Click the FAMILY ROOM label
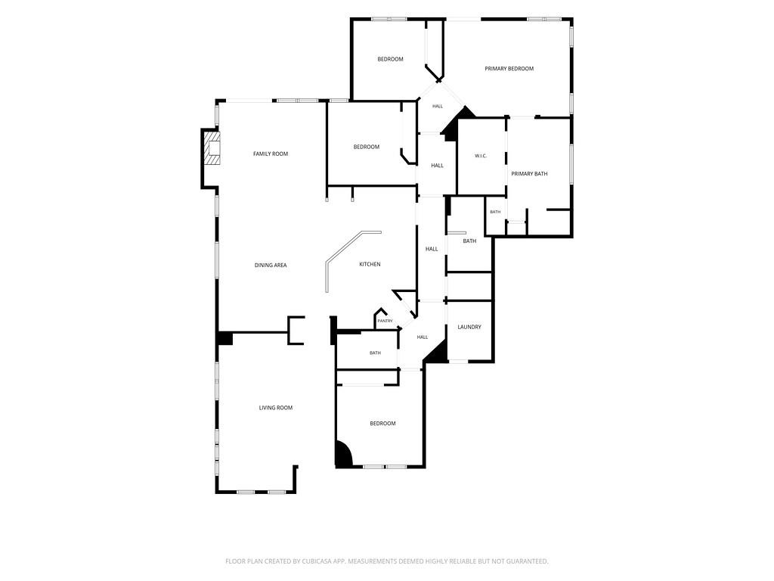tap(271, 154)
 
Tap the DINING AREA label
tap(271, 266)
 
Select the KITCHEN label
tap(370, 264)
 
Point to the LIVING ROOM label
tap(276, 408)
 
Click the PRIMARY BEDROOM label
tap(509, 69)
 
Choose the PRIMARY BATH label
tap(529, 173)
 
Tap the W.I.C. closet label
tap(481, 156)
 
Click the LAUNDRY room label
tap(469, 327)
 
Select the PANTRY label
tap(385, 321)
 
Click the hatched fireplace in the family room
tap(213, 148)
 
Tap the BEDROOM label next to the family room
tap(367, 147)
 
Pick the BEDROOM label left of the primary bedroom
tap(391, 59)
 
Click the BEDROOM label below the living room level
tap(382, 424)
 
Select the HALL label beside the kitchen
tap(432, 249)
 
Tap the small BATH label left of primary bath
tap(495, 212)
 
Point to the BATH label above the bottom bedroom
tap(375, 353)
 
